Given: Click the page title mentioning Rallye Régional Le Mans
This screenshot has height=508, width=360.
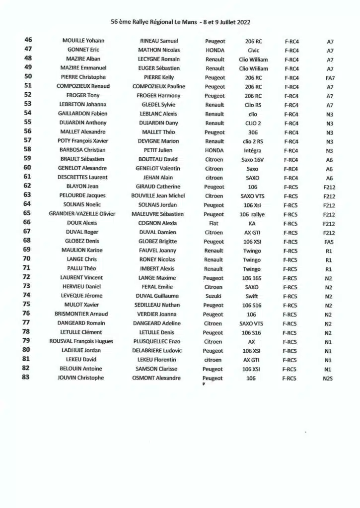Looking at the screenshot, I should coord(180,22).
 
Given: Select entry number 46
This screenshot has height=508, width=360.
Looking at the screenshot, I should coord(28,41).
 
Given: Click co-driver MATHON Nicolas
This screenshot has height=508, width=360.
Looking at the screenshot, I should coord(159,50).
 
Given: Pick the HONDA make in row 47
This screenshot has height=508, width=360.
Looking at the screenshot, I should coord(215,51).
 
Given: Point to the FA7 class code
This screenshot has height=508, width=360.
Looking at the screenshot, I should coord(330,78).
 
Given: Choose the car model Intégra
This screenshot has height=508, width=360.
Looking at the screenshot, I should coord(252,150).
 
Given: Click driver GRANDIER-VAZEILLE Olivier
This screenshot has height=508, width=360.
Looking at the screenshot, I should coord(82,214).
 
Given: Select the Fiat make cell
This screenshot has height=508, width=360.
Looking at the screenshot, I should coord(214,223).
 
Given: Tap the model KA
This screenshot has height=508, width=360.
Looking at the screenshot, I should coord(252,223).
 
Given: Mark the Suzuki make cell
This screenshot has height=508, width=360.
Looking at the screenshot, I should coord(214,296).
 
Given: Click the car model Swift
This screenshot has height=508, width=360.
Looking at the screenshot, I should coord(252,296).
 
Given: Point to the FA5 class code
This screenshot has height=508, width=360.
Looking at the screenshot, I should coord(329,242).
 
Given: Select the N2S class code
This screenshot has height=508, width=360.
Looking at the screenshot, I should coord(328,379).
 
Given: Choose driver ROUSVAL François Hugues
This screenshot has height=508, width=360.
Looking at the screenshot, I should coord(81,341).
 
